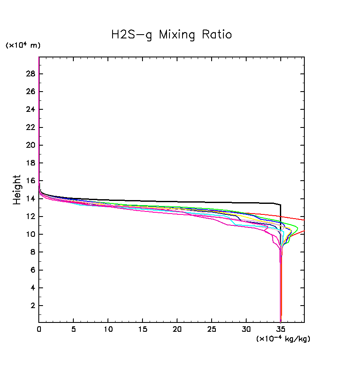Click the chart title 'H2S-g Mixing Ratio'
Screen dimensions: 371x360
click(x=171, y=35)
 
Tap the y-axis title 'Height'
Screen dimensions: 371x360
click(x=17, y=190)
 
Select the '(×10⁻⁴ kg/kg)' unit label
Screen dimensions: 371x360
click(x=283, y=339)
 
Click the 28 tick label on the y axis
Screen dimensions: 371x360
click(x=30, y=74)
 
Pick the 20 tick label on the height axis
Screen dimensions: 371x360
click(x=30, y=145)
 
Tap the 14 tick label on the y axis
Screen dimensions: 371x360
click(x=30, y=198)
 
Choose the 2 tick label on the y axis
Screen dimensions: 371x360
click(x=32, y=305)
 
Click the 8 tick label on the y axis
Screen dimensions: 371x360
click(x=32, y=252)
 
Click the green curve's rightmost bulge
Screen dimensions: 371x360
click(x=298, y=228)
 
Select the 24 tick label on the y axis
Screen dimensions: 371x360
click(x=30, y=109)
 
